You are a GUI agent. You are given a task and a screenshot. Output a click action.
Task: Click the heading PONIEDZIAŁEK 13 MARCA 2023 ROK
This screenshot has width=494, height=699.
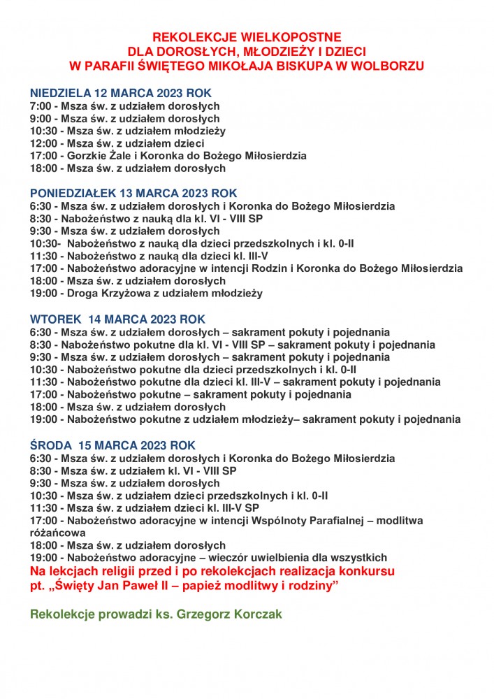coord(133,193)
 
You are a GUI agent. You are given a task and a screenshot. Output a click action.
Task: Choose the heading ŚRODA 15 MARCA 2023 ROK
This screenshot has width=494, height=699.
coord(112,445)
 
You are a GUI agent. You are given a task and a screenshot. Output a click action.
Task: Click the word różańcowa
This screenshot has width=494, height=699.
coord(56,533)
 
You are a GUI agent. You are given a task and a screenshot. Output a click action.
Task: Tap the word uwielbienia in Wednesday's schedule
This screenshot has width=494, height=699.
coord(291,558)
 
